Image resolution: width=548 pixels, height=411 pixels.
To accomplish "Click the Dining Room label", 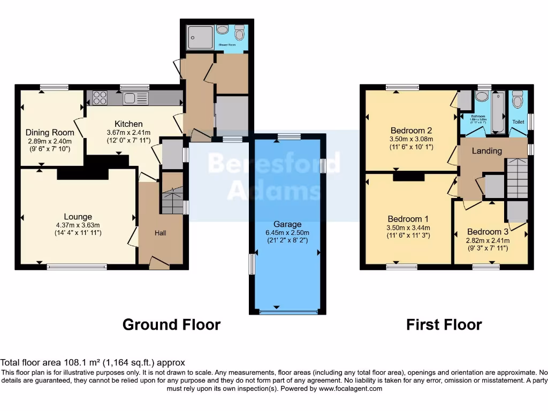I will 50,133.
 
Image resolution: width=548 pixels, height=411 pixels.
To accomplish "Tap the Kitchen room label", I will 128,124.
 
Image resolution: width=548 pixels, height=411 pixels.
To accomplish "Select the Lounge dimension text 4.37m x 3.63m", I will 78,225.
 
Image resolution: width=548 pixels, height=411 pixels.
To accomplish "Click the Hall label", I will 161,233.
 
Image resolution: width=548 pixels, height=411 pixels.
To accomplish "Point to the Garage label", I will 288,224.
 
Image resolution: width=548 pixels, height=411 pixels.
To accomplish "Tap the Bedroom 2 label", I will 411,130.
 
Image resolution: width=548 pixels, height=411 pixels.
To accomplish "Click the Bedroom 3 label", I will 488,232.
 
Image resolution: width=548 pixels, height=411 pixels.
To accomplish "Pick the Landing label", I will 486,151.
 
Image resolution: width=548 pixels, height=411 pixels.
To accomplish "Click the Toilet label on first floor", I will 518,122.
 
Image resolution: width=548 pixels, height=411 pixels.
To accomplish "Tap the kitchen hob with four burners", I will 100,98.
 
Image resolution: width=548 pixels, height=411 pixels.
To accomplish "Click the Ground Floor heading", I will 171,325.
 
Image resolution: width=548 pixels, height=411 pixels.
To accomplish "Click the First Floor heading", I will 444,325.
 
